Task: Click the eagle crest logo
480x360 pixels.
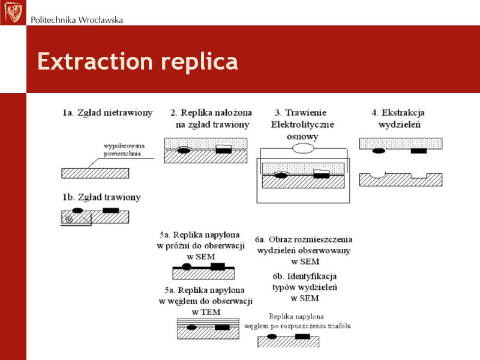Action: (13, 13)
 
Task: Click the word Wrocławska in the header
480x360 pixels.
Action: (98, 20)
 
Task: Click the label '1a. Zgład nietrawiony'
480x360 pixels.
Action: (107, 112)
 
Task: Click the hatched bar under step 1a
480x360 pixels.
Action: (95, 173)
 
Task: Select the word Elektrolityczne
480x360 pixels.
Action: (302, 124)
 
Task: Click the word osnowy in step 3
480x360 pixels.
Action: (302, 136)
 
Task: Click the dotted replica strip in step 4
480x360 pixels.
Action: (401, 143)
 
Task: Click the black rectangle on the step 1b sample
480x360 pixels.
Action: (110, 210)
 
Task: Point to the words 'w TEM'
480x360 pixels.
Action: (206, 312)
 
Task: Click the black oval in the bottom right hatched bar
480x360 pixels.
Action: (272, 337)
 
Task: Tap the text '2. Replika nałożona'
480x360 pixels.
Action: (211, 112)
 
